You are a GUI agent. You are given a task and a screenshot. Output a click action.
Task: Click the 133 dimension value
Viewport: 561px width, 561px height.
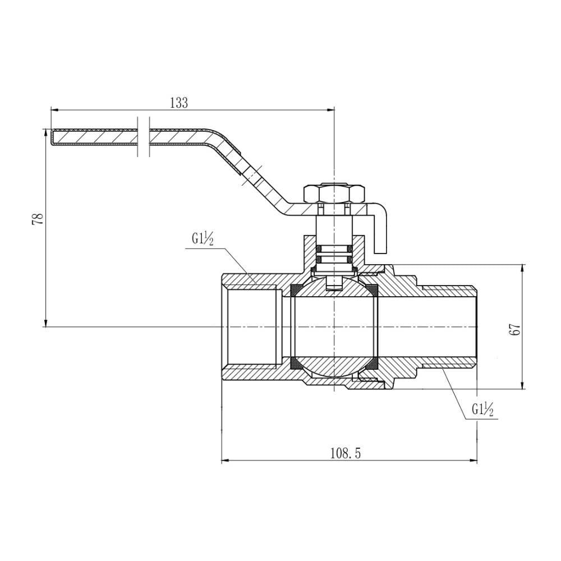tap(179, 102)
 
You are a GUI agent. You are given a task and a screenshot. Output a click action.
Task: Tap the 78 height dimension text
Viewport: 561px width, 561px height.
tap(37, 219)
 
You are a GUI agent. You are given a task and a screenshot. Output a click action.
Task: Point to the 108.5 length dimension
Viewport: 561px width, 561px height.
tap(346, 453)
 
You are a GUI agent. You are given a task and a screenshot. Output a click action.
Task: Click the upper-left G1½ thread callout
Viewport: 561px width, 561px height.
tap(203, 239)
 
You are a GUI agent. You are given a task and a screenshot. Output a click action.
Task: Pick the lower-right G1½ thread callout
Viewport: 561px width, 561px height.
tap(482, 410)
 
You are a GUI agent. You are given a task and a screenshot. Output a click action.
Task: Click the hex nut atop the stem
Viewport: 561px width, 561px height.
tap(334, 194)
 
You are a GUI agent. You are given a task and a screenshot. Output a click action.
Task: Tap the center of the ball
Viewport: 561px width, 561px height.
tap(334, 327)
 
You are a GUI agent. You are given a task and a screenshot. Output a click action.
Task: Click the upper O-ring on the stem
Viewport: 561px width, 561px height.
tap(334, 249)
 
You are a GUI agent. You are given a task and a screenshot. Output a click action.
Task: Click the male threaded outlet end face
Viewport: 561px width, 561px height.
tap(476, 327)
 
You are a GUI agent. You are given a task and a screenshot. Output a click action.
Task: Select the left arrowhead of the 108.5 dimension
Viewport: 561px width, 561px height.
tap(224, 461)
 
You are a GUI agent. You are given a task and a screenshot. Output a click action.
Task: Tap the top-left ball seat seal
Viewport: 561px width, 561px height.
tap(293, 290)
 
